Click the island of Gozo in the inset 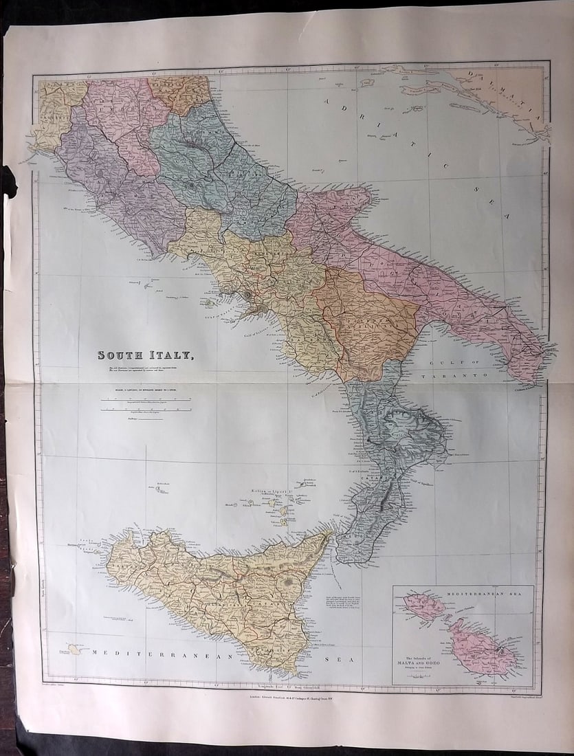(x=423, y=605)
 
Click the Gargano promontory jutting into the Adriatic (x=351, y=198)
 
